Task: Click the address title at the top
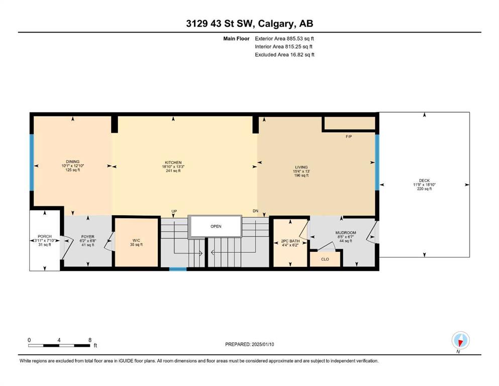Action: point(249,24)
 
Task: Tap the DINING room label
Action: point(72,162)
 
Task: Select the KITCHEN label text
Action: point(173,163)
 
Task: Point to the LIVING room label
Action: point(301,167)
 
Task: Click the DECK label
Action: point(424,180)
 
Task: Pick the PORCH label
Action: point(45,236)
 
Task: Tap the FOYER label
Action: point(88,237)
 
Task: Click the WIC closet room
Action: point(136,242)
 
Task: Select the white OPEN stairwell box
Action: point(216,226)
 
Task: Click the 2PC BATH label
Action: point(290,241)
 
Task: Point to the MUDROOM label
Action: point(346,233)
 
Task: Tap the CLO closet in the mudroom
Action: point(325,259)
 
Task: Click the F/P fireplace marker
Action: point(349,137)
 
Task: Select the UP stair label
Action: point(174,211)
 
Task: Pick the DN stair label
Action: point(255,211)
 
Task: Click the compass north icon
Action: point(460,340)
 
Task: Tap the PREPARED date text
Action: point(249,344)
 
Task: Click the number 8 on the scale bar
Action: point(90,340)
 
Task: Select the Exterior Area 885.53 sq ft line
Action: point(284,39)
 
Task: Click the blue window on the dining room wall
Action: point(32,162)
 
